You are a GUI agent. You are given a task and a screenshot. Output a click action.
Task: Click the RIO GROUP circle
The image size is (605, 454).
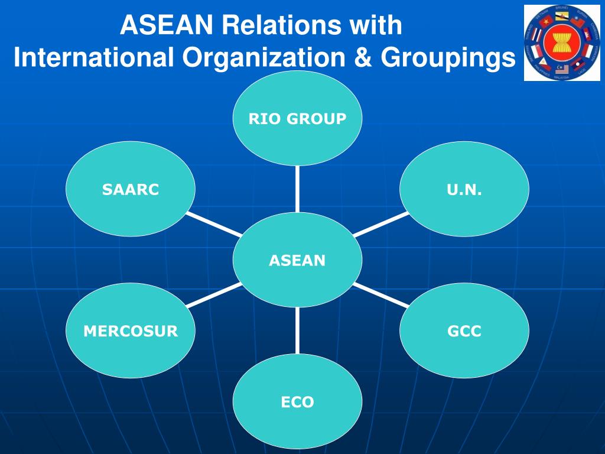(x=297, y=118)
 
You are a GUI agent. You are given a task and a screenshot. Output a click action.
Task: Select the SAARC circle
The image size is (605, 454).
(x=131, y=189)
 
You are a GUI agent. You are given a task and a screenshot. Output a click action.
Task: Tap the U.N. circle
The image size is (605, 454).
(x=464, y=189)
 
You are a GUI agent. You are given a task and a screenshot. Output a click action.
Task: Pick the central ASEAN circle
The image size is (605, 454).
(x=297, y=260)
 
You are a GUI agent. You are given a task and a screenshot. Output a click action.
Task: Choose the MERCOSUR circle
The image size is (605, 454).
(x=131, y=331)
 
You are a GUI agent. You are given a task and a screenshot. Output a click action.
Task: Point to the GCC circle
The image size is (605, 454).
(x=464, y=331)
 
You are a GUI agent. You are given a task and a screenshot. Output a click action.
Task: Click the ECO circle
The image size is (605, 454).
(x=297, y=403)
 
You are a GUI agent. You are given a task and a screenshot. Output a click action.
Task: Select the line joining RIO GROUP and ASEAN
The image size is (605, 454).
(x=297, y=189)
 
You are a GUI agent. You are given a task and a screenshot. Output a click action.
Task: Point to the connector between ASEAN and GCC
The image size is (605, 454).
(x=380, y=294)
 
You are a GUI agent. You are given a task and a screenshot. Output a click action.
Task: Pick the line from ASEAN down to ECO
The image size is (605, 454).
(x=297, y=331)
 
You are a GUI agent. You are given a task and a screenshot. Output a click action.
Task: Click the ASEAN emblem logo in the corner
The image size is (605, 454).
(x=554, y=43)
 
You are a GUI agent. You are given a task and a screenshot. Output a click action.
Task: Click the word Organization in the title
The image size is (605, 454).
(x=264, y=57)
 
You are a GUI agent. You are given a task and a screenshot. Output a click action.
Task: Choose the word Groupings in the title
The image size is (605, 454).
(x=447, y=57)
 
